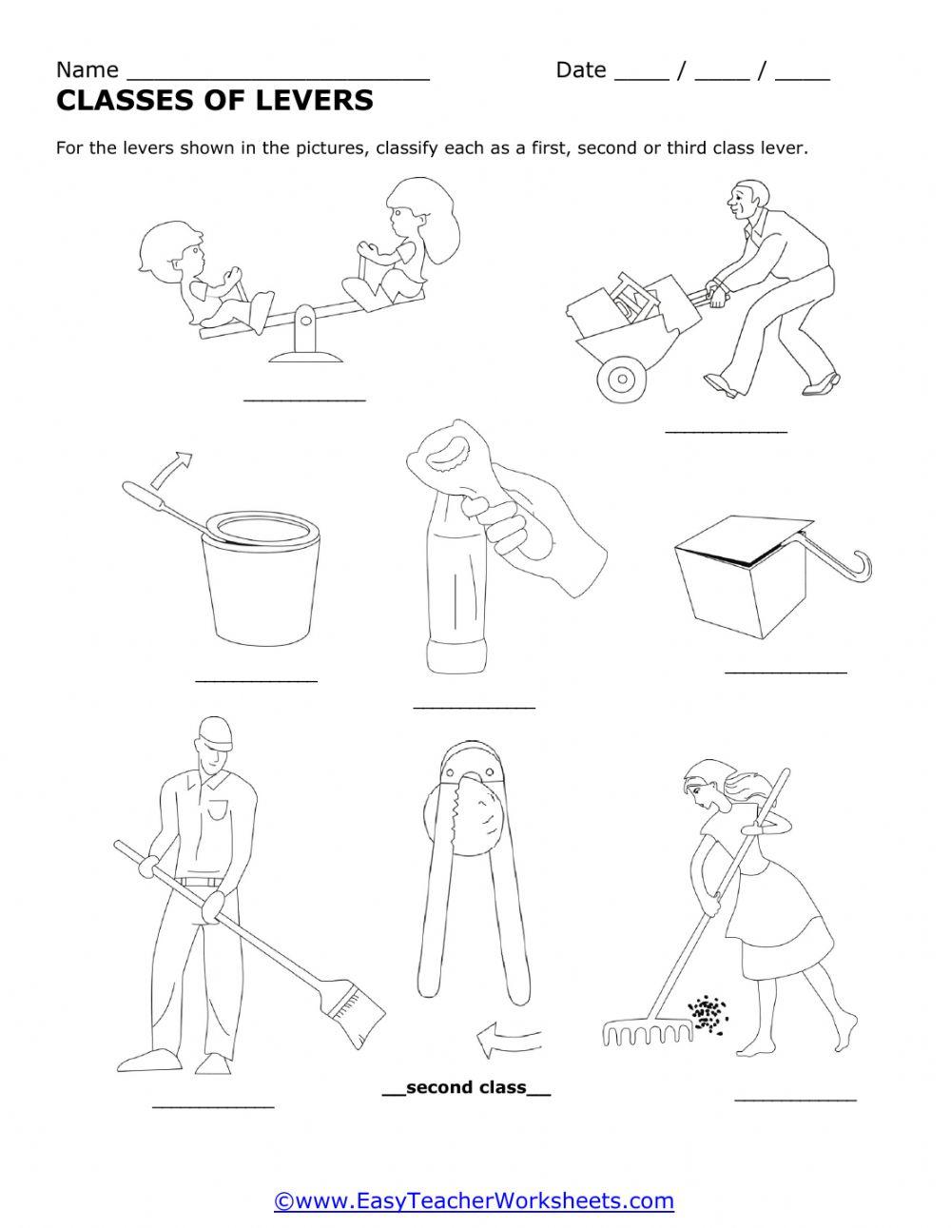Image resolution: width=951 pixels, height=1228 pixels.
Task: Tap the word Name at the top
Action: (x=87, y=70)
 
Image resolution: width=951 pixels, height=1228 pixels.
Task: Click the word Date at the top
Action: (x=581, y=70)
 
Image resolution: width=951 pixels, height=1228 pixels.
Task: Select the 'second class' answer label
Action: (x=466, y=1086)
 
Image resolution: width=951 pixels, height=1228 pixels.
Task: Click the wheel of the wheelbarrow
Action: (x=622, y=379)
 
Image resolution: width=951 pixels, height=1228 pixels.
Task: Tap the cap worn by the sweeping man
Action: (x=216, y=734)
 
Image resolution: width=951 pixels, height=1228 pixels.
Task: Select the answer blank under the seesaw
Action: (x=305, y=400)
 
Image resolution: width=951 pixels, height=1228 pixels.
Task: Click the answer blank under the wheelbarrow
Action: (x=727, y=432)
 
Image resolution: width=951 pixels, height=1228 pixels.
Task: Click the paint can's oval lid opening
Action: (x=261, y=528)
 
